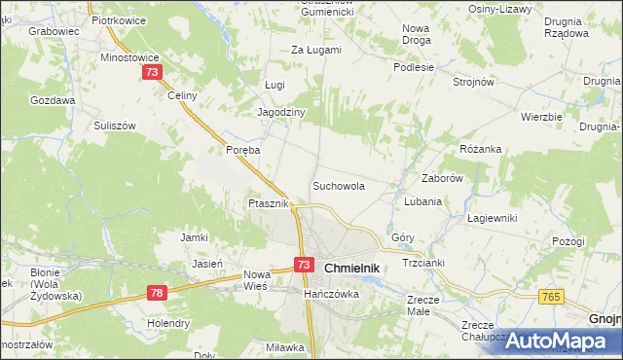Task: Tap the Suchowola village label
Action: tap(339, 185)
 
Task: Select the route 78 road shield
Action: tap(159, 292)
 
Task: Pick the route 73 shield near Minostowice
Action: tap(152, 73)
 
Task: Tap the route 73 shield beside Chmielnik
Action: tap(305, 265)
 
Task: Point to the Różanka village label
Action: tap(480, 149)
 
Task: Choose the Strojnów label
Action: tap(475, 82)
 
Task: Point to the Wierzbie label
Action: tap(541, 117)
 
